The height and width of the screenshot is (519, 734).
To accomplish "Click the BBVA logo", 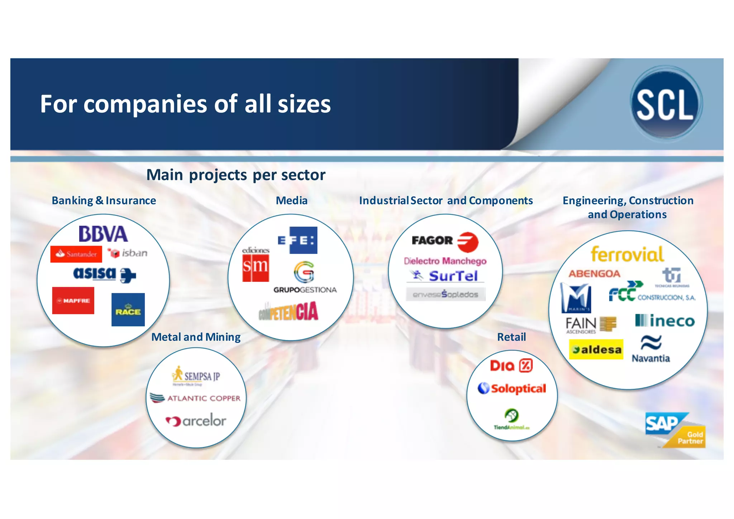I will point(103,234).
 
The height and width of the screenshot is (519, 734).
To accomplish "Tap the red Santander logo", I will point(76,254).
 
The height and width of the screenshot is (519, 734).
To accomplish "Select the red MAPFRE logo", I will point(73,301).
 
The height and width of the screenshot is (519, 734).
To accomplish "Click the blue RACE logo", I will point(128,310).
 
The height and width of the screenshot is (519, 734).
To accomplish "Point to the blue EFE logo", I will point(297,240).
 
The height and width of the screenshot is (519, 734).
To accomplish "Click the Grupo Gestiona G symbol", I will point(304,272).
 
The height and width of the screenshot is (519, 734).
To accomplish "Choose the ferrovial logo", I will point(627,254).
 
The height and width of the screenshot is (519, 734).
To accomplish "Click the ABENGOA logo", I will point(594,274).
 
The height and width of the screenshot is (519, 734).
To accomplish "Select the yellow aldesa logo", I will point(596,349).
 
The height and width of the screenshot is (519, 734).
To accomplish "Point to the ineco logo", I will point(665,321).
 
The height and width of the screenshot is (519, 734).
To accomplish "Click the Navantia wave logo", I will point(651,343).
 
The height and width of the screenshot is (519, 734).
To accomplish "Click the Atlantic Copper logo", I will point(195,398).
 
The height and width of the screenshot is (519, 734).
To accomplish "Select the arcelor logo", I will point(196,420).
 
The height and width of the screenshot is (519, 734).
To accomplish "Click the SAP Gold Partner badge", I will point(675,430).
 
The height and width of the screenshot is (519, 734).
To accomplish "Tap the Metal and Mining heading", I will point(196,337).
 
